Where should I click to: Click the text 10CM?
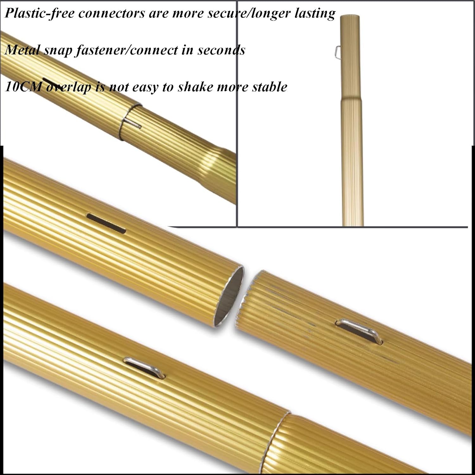pos(23,87)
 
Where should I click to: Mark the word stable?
pos(269,87)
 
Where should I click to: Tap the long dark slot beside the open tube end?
pos(106,223)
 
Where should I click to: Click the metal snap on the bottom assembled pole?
pos(144,367)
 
